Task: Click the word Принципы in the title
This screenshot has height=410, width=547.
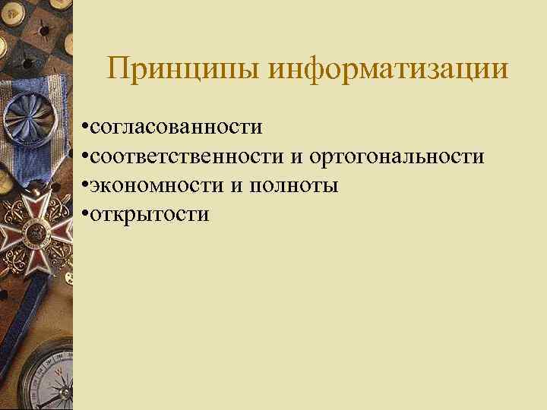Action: coord(184,70)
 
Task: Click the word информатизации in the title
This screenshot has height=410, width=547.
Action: coord(389,70)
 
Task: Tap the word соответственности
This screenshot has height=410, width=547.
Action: coord(188,157)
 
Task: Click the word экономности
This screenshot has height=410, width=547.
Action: coord(156,185)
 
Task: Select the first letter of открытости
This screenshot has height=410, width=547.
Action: coord(95,216)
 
